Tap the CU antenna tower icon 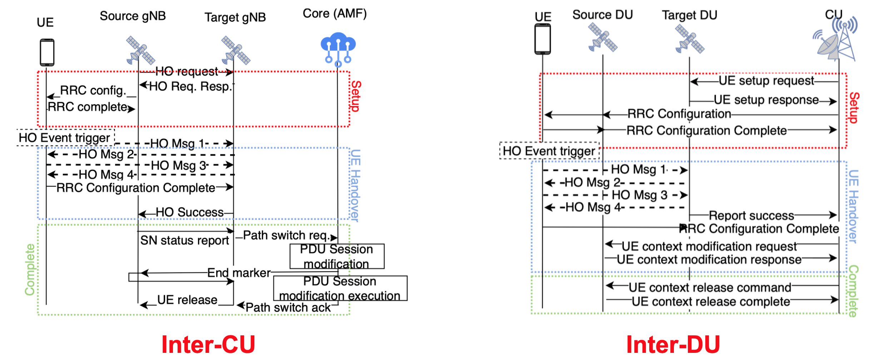pyautogui.click(x=836, y=39)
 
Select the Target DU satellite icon pyautogui.click(x=690, y=39)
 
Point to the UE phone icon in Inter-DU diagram pyautogui.click(x=542, y=39)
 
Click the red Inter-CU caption pyautogui.click(x=208, y=344)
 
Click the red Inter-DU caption pyautogui.click(x=673, y=344)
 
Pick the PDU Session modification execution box pyautogui.click(x=340, y=288)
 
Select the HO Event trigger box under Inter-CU pyautogui.click(x=65, y=138)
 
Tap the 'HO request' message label pyautogui.click(x=187, y=72)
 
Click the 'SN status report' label pyautogui.click(x=184, y=240)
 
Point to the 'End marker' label pyautogui.click(x=239, y=273)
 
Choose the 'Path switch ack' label pyautogui.click(x=288, y=307)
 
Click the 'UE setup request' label pyautogui.click(x=766, y=81)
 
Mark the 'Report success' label pyautogui.click(x=751, y=215)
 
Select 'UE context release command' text pyautogui.click(x=710, y=287)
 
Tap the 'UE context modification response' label pyautogui.click(x=709, y=260)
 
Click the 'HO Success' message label pyautogui.click(x=189, y=212)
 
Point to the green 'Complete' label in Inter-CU pyautogui.click(x=30, y=270)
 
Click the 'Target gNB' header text pyautogui.click(x=235, y=17)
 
